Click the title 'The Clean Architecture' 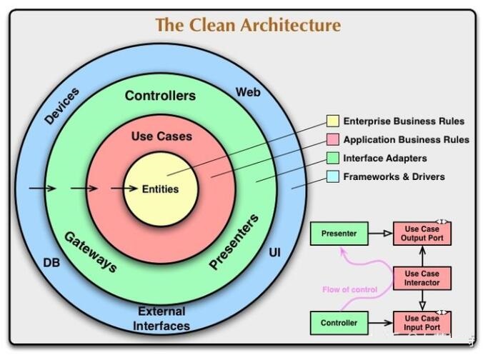248,25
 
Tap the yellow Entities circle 160,189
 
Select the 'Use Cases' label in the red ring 161,136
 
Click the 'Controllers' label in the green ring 160,96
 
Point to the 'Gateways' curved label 91,251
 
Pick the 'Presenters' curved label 234,242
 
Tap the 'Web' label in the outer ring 247,93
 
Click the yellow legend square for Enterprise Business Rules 333,121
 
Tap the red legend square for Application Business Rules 333,139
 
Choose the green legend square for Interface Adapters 333,158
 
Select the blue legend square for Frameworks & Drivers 333,176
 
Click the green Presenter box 339,234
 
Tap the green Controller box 339,323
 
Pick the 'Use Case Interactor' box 422,279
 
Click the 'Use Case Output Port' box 422,233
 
